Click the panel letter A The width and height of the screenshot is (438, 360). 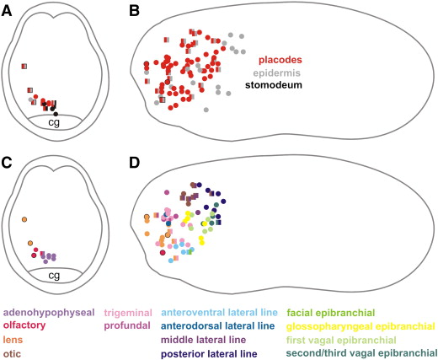tap(7, 11)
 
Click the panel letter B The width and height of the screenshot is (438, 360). tap(134, 11)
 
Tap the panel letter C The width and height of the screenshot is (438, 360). tap(7, 163)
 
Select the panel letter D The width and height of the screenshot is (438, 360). tap(135, 163)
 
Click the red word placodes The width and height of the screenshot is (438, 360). tap(280, 60)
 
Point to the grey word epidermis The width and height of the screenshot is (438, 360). tap(276, 73)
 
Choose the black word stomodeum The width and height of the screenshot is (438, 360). tap(274, 85)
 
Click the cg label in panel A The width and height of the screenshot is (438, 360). tap(54, 123)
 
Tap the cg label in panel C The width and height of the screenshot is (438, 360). tap(54, 276)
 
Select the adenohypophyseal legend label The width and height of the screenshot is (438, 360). tap(49, 313)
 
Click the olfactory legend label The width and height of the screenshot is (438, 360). tap(24, 325)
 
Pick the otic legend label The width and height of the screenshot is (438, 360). tap(12, 353)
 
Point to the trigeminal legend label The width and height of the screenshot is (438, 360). tap(128, 313)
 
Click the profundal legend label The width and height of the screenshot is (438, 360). tap(127, 325)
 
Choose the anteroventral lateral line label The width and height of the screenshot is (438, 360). tap(219, 313)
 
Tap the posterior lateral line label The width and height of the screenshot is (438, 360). tap(209, 353)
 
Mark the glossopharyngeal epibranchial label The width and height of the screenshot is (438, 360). tap(361, 326)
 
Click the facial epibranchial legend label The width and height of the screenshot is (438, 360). tap(331, 313)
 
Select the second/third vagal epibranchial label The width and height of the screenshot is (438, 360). tap(361, 353)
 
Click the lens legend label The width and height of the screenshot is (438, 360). tap(13, 340)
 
